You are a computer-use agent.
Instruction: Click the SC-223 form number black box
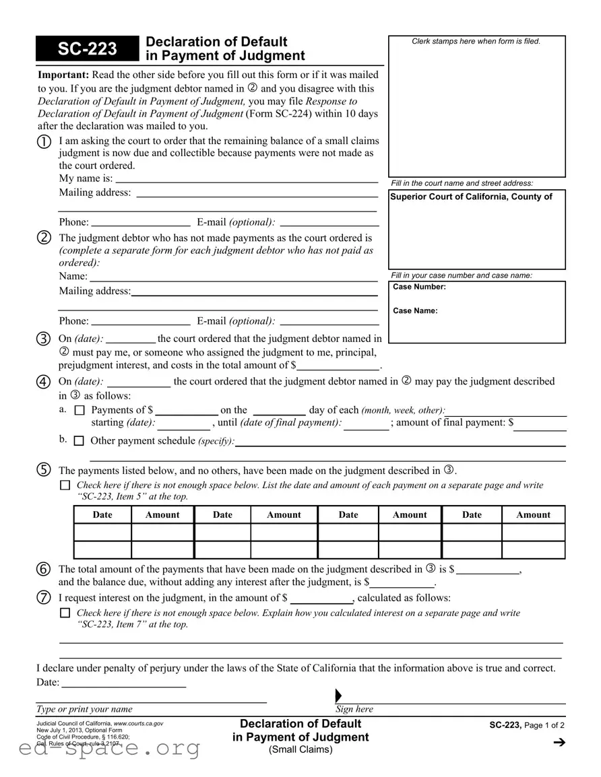tap(87, 48)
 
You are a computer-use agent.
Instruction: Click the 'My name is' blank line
tap(246, 179)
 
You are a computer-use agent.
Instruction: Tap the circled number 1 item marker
tap(44, 141)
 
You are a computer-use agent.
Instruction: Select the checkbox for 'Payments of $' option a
tap(79, 410)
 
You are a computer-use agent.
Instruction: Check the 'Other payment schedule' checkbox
tap(79, 441)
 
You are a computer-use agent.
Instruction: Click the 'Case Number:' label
tap(419, 287)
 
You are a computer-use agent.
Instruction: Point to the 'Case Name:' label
tap(415, 311)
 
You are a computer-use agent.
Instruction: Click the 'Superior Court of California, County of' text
tap(471, 197)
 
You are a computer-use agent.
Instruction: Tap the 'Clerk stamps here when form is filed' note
tap(476, 42)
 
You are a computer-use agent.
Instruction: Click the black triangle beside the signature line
tap(338, 696)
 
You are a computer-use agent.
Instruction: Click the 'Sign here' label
tap(354, 709)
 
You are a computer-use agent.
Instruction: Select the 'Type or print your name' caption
tap(84, 709)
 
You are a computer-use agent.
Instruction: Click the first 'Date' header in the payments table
tap(102, 515)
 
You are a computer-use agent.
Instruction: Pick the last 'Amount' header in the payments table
tap(533, 515)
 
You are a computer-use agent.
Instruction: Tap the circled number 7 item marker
tap(44, 598)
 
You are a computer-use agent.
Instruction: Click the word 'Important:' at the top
tap(63, 75)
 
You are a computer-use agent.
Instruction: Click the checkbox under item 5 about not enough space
tap(65, 485)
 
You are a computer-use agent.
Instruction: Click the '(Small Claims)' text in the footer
tap(300, 749)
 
